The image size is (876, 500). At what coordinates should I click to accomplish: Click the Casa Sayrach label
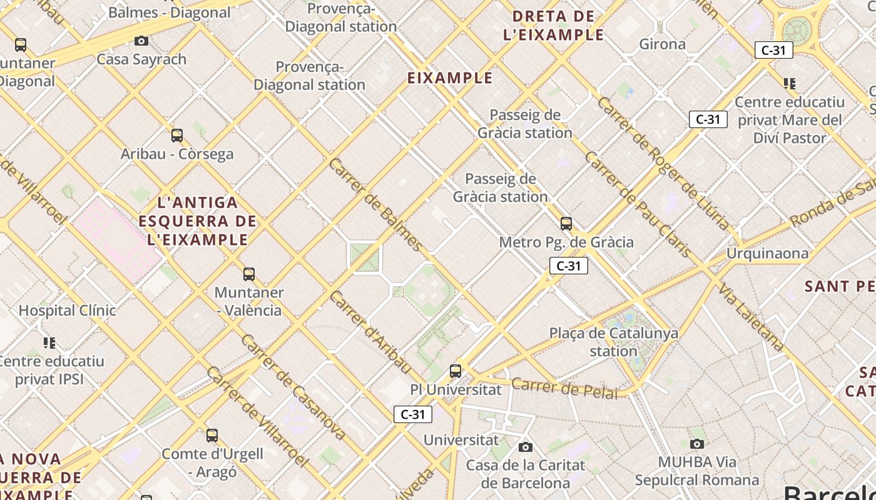click(141, 59)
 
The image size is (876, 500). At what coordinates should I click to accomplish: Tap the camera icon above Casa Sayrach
click(141, 41)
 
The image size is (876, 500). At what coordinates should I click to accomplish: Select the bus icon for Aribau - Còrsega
click(177, 135)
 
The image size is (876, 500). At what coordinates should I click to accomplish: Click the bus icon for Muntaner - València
click(249, 274)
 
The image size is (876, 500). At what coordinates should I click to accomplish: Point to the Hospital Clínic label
click(67, 310)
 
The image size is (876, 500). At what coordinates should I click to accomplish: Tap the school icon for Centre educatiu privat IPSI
click(49, 342)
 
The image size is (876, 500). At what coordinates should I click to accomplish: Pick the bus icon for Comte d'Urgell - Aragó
click(212, 435)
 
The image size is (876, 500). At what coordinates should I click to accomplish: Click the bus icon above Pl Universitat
click(456, 371)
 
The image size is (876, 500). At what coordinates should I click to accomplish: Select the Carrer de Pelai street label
click(564, 388)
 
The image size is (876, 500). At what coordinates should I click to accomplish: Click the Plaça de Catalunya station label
click(613, 342)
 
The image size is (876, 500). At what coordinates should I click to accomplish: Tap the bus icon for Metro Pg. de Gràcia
click(566, 223)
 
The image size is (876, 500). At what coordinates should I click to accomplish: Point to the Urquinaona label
click(767, 253)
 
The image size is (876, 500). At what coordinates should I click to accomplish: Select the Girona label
click(662, 44)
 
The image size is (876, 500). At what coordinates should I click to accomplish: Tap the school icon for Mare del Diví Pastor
click(790, 83)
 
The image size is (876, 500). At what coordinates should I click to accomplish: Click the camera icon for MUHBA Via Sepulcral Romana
click(696, 444)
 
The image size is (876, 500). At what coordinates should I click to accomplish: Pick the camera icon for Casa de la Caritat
click(526, 447)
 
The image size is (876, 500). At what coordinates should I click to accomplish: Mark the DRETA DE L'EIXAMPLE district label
click(553, 26)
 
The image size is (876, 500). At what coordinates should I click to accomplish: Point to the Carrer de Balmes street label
click(375, 204)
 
